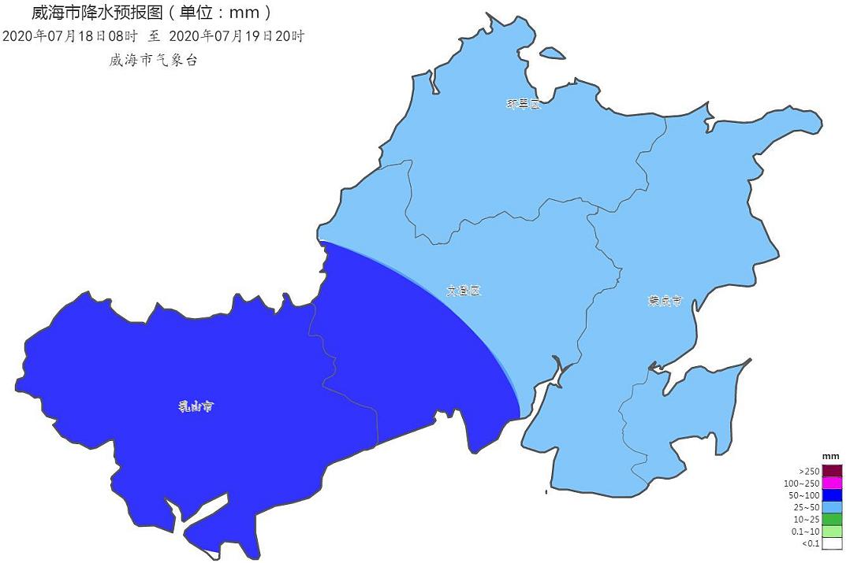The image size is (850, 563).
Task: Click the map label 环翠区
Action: coord(524,104)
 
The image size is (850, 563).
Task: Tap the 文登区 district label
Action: coord(464,291)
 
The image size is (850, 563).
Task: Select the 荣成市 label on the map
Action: coord(665,301)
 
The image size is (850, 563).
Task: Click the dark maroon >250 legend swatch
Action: coord(831,471)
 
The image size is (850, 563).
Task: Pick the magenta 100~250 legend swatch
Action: coord(831,483)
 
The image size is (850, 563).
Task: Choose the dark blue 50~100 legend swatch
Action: coord(831,495)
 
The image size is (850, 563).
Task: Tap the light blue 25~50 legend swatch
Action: coord(831,507)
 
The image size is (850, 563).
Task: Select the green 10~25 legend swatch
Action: coord(831,519)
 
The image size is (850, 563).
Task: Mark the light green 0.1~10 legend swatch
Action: coord(831,532)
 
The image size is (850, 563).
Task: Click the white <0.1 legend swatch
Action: coord(831,543)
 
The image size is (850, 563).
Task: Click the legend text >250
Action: coord(809,471)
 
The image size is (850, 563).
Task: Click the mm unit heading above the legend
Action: coord(830,457)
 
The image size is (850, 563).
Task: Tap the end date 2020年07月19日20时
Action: coord(237,36)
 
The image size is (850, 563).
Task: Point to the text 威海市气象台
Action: coord(153,61)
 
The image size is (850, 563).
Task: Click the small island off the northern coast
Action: coord(552,54)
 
